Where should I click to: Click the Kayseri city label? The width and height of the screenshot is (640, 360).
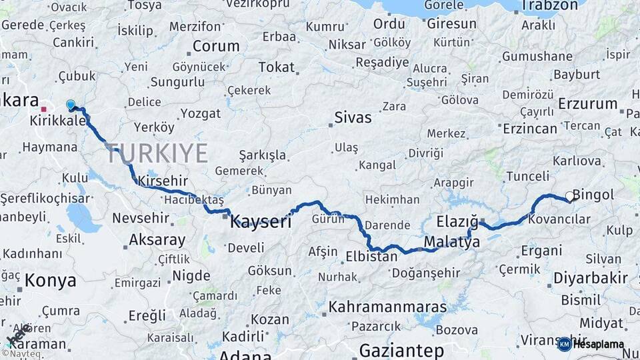(261, 223)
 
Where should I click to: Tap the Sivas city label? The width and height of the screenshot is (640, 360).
(353, 118)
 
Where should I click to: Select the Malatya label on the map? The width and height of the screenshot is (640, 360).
(451, 243)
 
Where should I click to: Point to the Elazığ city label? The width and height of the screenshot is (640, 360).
(457, 221)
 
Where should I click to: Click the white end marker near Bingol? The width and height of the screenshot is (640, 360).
(569, 196)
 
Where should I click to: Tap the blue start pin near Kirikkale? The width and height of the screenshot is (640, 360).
(71, 105)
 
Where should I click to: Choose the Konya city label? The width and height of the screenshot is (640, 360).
(50, 281)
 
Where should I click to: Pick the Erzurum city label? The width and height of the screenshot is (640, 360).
(587, 103)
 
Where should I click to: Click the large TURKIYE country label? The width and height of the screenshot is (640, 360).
(156, 153)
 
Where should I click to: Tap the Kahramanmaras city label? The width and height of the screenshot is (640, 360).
(387, 307)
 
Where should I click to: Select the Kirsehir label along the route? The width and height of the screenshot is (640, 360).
(163, 181)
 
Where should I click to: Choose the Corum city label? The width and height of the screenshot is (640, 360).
(216, 46)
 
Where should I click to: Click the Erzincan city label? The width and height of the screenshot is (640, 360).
(529, 127)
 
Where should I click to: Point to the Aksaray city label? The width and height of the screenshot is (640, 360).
(157, 239)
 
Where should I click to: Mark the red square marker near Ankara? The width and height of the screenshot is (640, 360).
(43, 109)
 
